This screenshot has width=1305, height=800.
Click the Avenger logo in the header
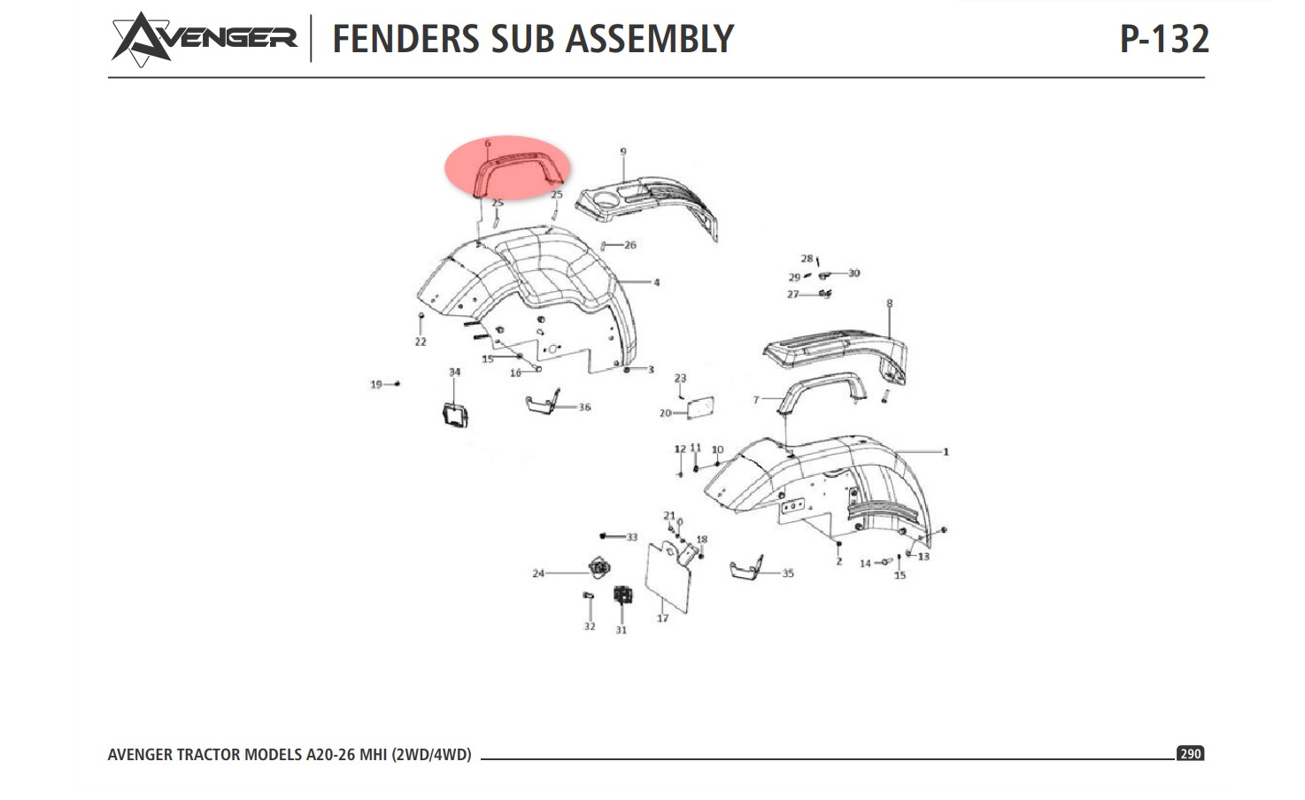(x=204, y=39)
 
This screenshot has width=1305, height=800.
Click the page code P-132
(x=1163, y=39)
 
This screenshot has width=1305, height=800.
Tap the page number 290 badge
(x=1190, y=753)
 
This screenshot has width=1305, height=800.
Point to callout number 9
(x=622, y=152)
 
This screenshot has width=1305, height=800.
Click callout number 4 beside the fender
(x=656, y=283)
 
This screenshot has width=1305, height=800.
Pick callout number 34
(x=454, y=373)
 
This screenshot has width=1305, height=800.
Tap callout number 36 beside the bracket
(x=584, y=407)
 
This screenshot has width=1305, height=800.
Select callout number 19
(x=376, y=384)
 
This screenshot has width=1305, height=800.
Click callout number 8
(x=890, y=304)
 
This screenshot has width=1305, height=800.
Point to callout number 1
(x=946, y=452)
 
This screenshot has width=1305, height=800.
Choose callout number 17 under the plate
(x=662, y=618)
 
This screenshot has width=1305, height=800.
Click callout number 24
(x=538, y=573)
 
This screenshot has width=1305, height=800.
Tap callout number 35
(x=788, y=573)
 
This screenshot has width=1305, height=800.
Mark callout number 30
(x=853, y=273)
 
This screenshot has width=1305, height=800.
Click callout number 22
(x=421, y=342)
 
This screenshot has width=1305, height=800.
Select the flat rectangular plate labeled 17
(x=668, y=576)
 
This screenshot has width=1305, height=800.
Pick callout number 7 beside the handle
(x=756, y=400)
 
